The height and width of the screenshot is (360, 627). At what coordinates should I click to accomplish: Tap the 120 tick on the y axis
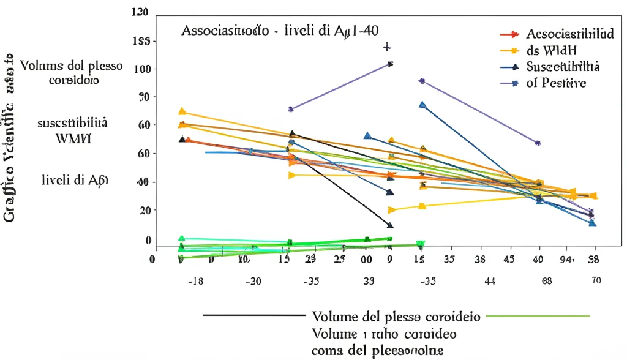140,13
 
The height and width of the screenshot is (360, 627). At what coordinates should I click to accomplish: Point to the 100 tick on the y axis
141,69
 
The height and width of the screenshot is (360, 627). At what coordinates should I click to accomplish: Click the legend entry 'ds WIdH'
552,51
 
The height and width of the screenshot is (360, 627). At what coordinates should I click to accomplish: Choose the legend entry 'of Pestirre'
556,83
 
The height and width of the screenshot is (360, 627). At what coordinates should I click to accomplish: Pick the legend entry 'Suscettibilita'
563,67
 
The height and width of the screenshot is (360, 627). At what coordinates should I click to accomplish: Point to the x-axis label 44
489,282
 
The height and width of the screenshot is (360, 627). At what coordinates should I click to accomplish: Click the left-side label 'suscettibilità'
72,122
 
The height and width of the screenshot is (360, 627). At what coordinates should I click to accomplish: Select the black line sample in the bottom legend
253,316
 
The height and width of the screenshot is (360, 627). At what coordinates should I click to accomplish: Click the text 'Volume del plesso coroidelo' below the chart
397,317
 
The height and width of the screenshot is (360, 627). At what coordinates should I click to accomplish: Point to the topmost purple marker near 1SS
386,47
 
